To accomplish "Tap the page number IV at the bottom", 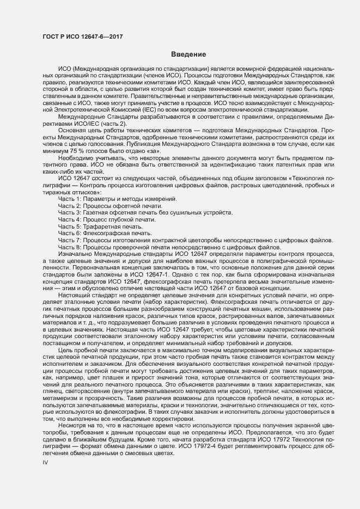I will click(46, 477).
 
